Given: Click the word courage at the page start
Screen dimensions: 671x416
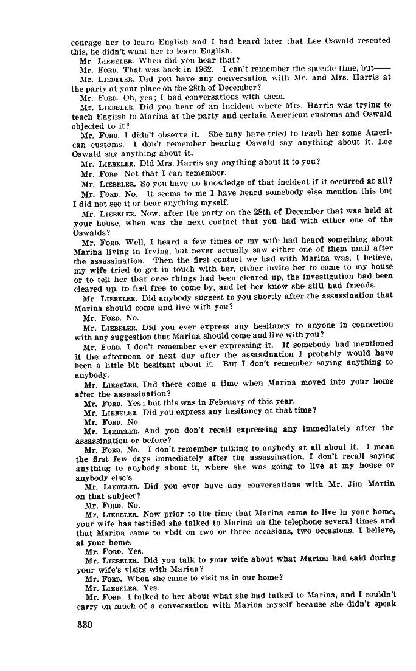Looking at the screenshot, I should click(x=86, y=42).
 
